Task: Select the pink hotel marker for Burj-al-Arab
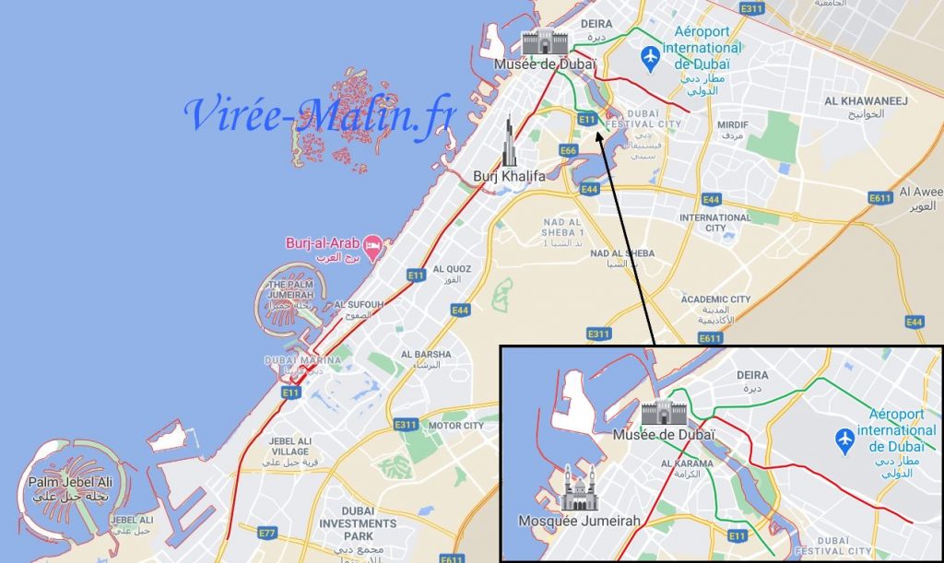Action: [x=374, y=244]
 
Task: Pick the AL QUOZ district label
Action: [x=452, y=269]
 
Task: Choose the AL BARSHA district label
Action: [x=426, y=354]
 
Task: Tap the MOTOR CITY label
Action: [x=455, y=426]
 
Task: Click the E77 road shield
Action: [x=267, y=533]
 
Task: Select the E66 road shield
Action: [x=568, y=150]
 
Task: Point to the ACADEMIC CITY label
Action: [x=715, y=299]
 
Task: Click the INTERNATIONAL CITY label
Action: [x=715, y=222]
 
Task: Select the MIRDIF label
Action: [x=733, y=124]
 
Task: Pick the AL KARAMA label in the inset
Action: [x=687, y=463]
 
